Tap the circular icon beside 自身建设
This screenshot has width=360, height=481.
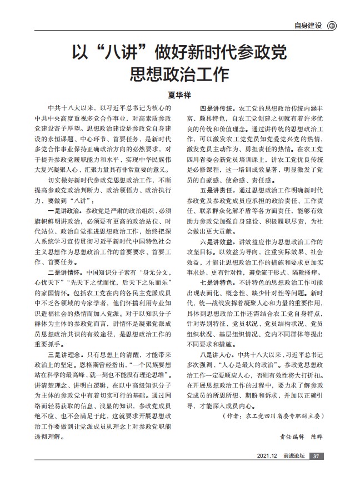coord(332,25)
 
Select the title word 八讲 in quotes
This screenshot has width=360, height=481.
coord(122,54)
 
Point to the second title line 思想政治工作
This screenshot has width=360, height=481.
coord(180,75)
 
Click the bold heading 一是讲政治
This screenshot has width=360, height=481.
coord(66,211)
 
